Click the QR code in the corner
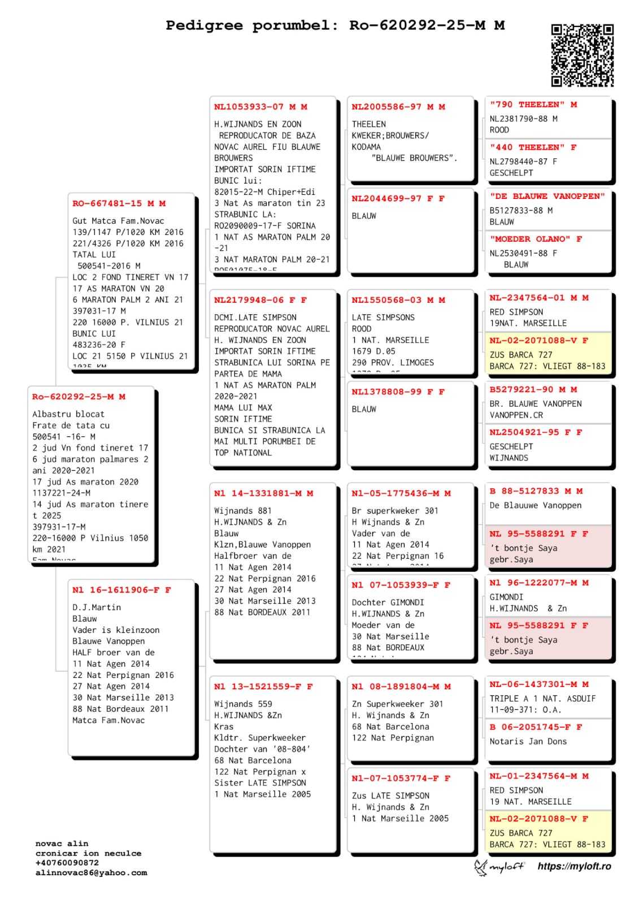[582, 55]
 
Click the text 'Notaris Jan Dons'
[528, 741]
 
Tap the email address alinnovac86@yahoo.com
[91, 872]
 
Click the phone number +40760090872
[67, 863]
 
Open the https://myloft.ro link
[574, 866]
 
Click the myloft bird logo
[481, 867]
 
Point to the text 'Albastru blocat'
[68, 414]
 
